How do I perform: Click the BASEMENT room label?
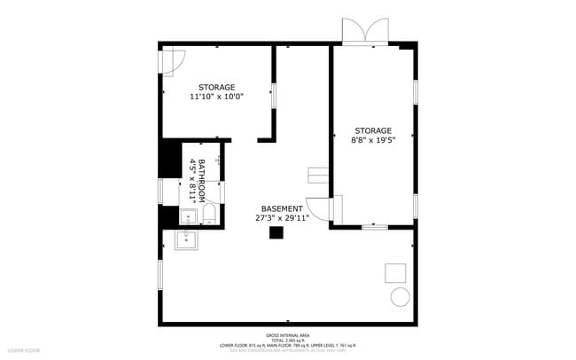(281, 208)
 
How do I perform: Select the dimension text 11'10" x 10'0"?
(216, 97)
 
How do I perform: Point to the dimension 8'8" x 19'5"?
(372, 139)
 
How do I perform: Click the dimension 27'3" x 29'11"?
(281, 218)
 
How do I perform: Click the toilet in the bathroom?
(208, 214)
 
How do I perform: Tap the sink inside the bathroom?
(189, 214)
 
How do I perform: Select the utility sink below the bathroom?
(186, 239)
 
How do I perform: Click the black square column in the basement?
(276, 232)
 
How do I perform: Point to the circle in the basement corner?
(400, 296)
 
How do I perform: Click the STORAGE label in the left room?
(216, 87)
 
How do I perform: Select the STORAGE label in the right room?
(372, 130)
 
